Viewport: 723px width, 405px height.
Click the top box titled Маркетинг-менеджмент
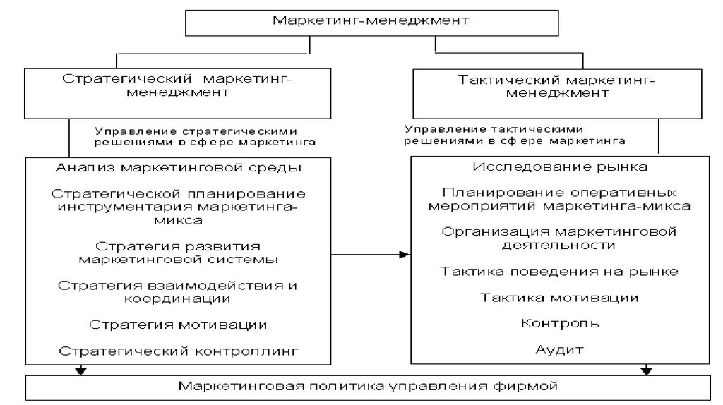point(371,20)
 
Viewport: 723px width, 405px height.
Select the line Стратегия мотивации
point(178,325)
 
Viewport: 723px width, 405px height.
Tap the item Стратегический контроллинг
point(179,350)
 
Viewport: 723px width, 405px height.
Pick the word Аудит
point(560,350)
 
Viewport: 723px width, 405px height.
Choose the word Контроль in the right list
point(560,324)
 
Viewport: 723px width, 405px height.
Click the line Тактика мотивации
point(560,298)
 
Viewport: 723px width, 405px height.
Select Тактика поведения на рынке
point(560,272)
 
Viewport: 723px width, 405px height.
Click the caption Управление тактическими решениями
point(515,135)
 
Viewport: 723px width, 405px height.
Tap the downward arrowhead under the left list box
point(80,370)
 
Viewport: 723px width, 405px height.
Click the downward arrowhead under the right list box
point(645,370)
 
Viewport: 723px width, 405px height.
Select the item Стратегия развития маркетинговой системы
point(178,253)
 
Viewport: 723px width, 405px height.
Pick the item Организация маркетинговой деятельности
point(560,238)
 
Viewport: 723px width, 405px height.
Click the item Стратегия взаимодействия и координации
point(178,292)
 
